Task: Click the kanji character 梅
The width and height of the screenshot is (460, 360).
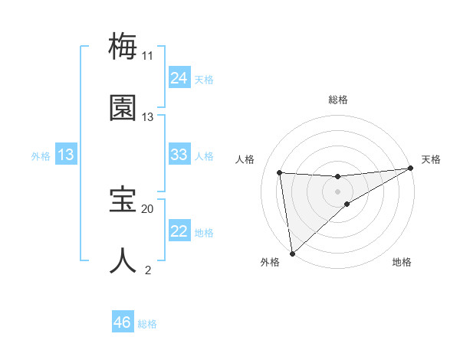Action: click(123, 47)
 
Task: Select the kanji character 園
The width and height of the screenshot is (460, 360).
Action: click(123, 108)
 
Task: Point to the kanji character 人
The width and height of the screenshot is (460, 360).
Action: click(123, 260)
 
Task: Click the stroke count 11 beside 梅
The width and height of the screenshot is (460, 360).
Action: click(147, 56)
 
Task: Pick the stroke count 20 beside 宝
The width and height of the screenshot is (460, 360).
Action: click(147, 208)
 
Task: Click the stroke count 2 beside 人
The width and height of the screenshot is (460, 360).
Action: click(148, 270)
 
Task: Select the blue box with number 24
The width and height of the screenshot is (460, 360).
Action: click(179, 77)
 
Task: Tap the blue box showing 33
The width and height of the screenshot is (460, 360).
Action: click(179, 155)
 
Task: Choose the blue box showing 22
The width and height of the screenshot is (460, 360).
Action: click(179, 231)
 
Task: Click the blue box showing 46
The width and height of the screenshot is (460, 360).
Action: click(123, 322)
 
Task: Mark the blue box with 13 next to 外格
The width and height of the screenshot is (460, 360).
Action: click(66, 155)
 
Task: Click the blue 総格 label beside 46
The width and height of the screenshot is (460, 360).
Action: click(147, 324)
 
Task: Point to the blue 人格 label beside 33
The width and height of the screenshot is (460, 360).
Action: click(204, 155)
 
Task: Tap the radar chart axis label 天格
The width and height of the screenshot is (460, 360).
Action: click(432, 159)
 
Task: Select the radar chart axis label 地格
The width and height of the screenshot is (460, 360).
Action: click(402, 263)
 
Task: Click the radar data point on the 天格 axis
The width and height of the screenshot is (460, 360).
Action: click(410, 169)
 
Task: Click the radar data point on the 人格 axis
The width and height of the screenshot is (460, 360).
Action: click(280, 172)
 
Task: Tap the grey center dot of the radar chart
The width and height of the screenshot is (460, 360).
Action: click(337, 191)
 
